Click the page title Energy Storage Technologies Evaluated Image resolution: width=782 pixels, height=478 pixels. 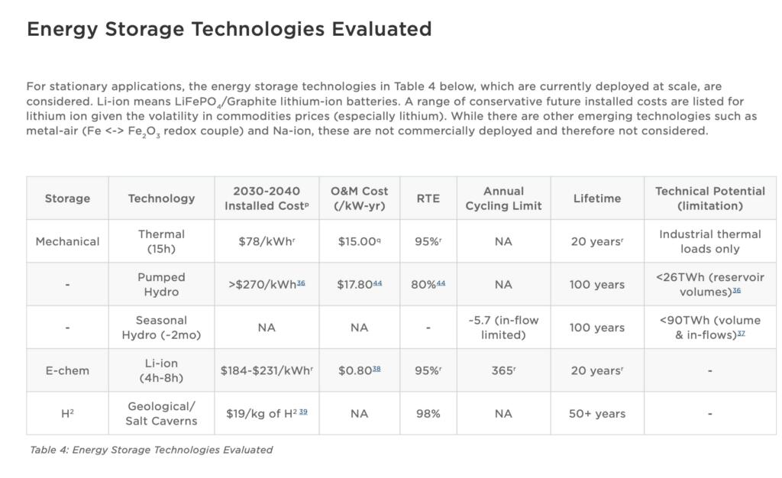[229, 29]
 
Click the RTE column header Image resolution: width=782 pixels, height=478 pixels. [428, 199]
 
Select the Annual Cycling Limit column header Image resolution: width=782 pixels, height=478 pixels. [503, 199]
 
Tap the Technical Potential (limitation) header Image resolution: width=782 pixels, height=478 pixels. [709, 199]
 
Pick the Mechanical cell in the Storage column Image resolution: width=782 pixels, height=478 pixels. [67, 241]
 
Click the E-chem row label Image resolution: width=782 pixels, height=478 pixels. [67, 370]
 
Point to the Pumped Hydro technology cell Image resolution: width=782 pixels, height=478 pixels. [161, 284]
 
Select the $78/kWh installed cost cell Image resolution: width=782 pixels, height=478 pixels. [267, 241]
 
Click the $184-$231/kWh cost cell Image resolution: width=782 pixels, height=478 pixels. [267, 370]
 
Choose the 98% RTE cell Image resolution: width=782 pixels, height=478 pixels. [428, 414]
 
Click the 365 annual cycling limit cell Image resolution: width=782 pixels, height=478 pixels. [503, 370]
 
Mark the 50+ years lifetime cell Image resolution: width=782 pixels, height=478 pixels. [596, 414]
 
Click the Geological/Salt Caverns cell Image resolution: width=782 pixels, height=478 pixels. [161, 414]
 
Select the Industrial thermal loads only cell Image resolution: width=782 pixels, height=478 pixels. [709, 241]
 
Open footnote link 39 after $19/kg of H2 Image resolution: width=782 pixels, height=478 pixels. [303, 412]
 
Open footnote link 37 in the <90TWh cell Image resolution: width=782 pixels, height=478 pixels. [741, 333]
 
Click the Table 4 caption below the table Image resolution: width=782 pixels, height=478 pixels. [151, 450]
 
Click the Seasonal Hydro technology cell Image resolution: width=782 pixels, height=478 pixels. [161, 328]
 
